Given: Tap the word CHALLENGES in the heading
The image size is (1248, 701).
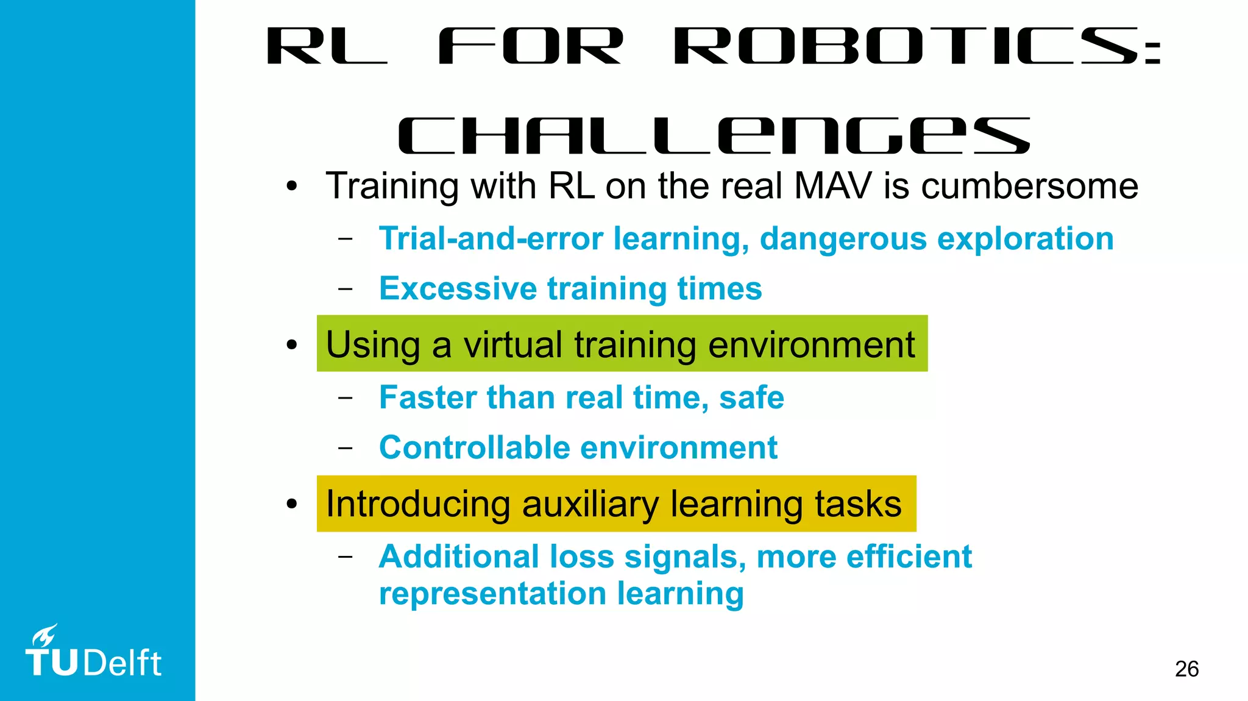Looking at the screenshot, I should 714,136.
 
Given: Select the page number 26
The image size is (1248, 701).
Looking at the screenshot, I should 1186,669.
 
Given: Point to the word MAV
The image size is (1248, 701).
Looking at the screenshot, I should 833,185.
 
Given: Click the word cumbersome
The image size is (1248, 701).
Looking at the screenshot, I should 1029,185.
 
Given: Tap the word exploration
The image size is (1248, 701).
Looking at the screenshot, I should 1025,238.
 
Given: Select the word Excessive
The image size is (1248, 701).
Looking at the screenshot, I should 458,288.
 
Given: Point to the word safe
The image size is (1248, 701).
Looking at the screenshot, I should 751,397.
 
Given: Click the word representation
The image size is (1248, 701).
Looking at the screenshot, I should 492,594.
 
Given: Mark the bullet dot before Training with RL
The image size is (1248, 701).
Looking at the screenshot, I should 292,185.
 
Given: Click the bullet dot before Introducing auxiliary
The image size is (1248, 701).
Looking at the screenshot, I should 292,504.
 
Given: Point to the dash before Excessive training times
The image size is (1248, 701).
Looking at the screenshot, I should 346,288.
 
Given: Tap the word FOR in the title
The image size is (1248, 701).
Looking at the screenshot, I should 530,46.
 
